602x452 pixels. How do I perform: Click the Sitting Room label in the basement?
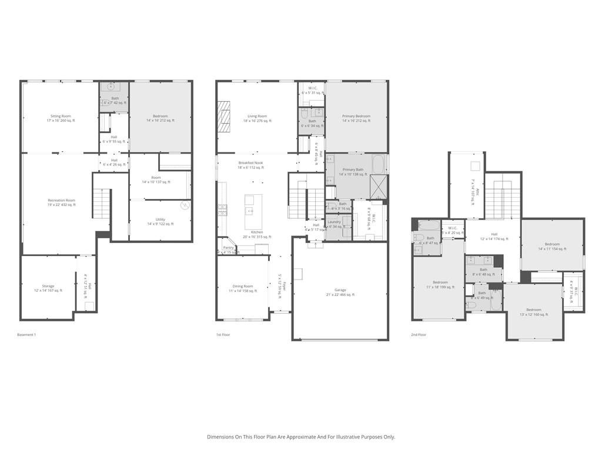click(x=61, y=118)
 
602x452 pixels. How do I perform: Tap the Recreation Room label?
click(x=61, y=202)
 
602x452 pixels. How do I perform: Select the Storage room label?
click(x=48, y=288)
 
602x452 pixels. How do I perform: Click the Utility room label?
click(x=160, y=221)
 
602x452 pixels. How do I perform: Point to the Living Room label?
click(x=257, y=118)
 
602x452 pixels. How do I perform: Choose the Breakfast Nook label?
click(x=250, y=165)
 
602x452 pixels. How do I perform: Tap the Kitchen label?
click(x=257, y=234)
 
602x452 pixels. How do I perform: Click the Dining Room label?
click(x=243, y=288)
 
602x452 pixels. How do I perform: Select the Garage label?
click(x=340, y=293)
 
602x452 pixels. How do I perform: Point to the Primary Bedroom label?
click(x=356, y=118)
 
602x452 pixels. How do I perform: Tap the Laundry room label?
click(x=334, y=224)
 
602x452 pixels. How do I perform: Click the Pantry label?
click(x=228, y=250)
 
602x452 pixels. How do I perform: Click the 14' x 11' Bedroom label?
click(x=552, y=246)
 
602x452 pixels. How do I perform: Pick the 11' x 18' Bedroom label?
click(x=440, y=285)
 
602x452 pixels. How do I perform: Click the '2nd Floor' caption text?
click(x=419, y=334)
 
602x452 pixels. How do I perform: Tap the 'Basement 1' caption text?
click(x=26, y=334)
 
